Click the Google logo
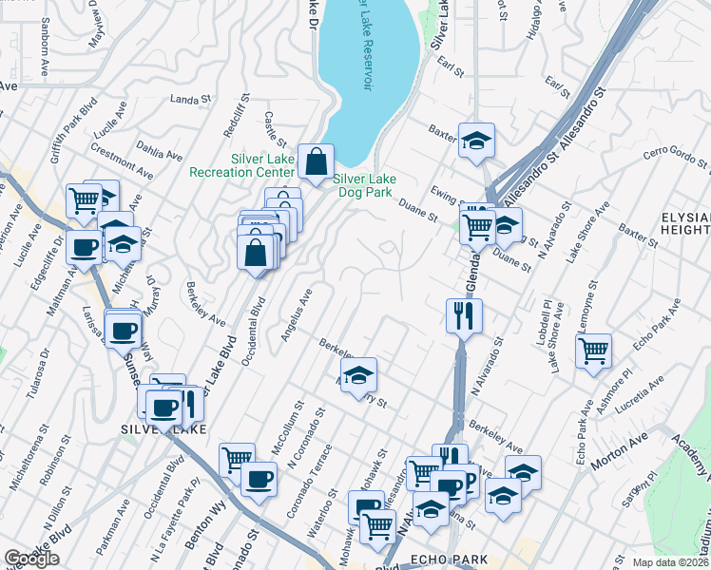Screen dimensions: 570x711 [31, 559]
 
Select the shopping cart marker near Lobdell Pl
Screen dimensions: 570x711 [593, 350]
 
